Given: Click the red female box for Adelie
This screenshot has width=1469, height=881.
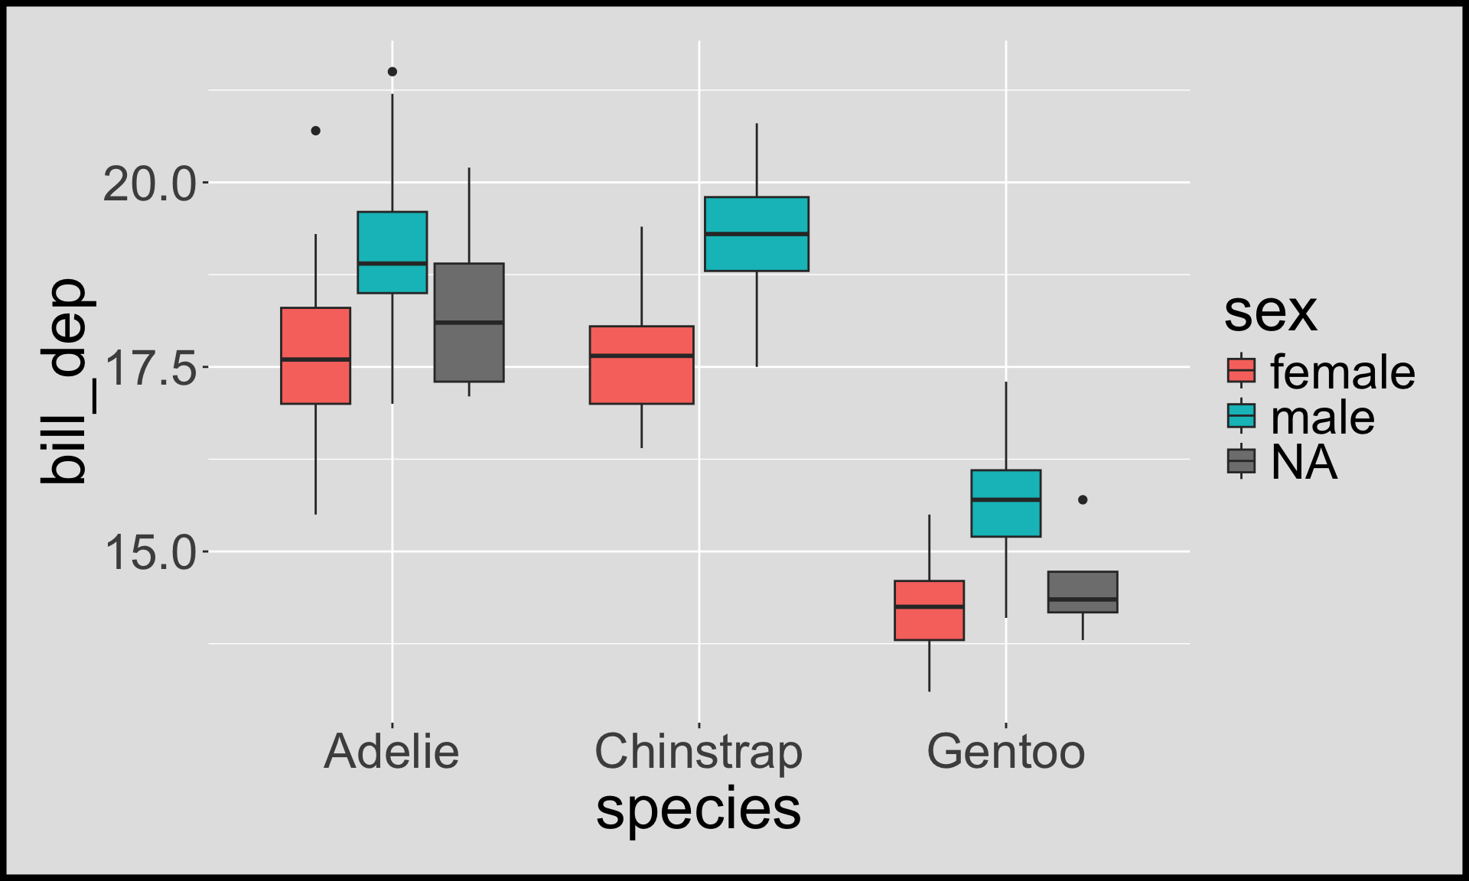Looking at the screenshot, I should point(315,356).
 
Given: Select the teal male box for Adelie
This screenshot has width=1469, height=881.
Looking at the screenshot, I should point(392,252).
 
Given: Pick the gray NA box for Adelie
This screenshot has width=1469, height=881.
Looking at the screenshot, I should point(469,322).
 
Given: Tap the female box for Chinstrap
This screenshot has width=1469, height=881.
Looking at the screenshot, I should point(641,365).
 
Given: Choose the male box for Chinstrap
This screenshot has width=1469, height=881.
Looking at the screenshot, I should point(756,234).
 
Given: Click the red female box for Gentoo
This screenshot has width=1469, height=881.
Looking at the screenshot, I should point(929,610).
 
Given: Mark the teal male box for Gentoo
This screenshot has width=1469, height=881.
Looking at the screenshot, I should point(1005,503).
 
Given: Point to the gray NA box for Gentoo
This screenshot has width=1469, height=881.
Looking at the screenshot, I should point(1082,592).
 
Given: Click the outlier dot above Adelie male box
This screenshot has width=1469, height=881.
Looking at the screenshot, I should point(392,72).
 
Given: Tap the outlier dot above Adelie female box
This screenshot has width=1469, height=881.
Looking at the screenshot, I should point(315,131).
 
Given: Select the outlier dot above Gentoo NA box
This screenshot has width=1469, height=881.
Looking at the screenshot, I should point(1083,500).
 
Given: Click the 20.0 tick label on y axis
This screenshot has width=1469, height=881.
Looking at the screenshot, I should point(150,184).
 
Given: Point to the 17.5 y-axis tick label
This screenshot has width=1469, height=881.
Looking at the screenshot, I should point(150,369).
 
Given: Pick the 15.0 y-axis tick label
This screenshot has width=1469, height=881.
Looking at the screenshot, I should point(150,553).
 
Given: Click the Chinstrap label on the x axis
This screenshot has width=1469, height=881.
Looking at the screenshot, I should point(699,752).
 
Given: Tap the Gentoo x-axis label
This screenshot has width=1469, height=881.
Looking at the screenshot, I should point(1005,752).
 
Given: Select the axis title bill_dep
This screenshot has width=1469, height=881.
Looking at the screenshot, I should point(64,382).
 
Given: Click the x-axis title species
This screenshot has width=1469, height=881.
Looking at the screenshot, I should point(699,809).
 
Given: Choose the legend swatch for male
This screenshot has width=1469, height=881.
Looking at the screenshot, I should point(1241,416).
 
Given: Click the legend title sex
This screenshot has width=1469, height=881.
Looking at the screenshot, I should point(1270,312).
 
